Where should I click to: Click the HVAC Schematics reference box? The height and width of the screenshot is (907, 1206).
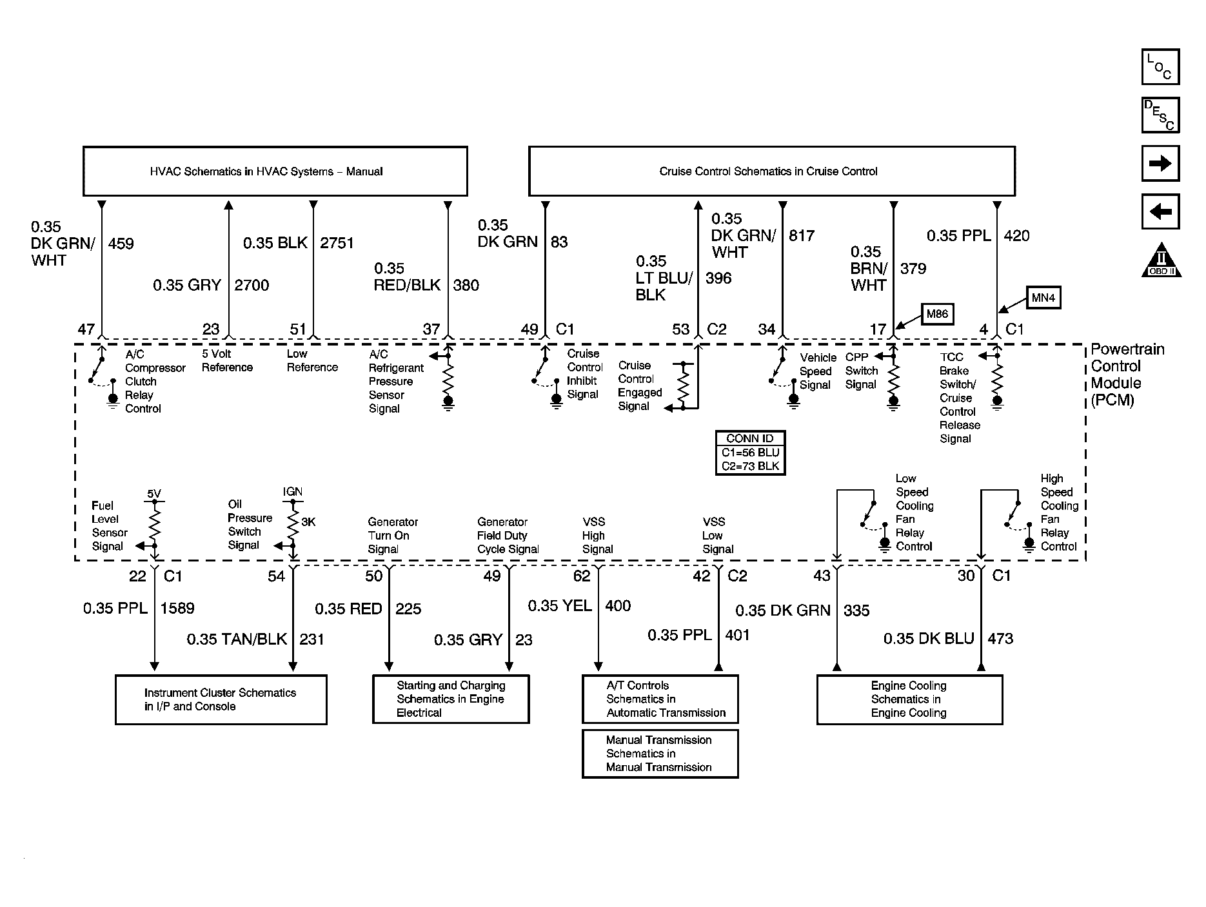click(275, 171)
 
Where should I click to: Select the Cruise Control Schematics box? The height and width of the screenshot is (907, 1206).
click(772, 171)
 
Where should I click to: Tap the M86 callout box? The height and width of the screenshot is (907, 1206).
click(937, 314)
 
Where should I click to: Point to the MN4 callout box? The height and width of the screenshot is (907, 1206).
click(1043, 298)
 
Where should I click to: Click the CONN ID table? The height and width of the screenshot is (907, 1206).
click(750, 453)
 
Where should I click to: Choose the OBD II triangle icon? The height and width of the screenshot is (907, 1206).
click(1162, 260)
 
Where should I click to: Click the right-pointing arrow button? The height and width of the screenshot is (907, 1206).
click(1161, 163)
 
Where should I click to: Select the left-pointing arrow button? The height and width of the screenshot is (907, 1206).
click(1161, 211)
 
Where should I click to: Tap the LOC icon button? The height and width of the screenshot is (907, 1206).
click(1161, 67)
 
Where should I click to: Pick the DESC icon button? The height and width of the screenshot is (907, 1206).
click(1161, 115)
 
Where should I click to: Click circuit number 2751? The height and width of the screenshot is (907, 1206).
click(337, 243)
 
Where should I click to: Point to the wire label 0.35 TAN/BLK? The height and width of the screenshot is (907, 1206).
click(237, 639)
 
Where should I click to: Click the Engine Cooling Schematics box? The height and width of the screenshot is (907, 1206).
click(909, 699)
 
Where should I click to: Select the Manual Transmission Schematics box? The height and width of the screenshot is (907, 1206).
click(660, 754)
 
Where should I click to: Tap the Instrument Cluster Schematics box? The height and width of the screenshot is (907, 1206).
click(221, 699)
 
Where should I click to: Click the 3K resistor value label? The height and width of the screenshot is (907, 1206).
click(308, 522)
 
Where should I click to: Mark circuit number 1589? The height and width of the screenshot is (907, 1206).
click(177, 608)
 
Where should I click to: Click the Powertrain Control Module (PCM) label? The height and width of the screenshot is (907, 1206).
click(1127, 375)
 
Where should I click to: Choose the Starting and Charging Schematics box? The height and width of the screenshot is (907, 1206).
click(451, 699)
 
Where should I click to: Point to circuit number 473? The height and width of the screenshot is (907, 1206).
click(1000, 638)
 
